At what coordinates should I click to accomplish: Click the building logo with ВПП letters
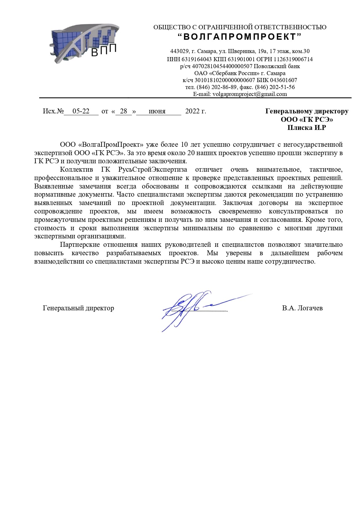point(84,44)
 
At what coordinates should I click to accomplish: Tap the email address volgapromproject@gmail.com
point(250,94)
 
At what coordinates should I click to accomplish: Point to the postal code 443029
point(178,51)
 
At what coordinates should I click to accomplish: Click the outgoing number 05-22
point(81,111)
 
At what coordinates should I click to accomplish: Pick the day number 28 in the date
point(124,111)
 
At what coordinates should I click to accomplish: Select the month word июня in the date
point(157,111)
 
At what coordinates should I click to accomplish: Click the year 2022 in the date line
point(193,111)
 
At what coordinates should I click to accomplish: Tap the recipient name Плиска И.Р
point(307,128)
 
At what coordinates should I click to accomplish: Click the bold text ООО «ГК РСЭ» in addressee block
point(307,119)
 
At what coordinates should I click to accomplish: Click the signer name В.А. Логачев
point(302,308)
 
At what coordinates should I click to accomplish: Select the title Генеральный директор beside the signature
point(78,308)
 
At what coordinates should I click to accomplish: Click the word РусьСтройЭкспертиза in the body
point(153,169)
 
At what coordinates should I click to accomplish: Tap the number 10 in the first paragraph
point(184,144)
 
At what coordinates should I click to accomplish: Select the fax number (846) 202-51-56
point(275,87)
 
